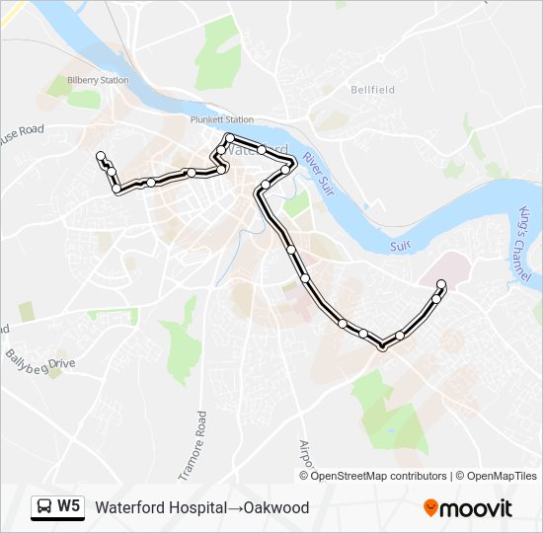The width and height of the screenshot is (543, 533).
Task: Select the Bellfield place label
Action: pos(372,90)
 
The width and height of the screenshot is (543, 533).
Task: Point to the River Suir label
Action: pos(319,173)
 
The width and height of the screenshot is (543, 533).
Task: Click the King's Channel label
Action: pos(523,242)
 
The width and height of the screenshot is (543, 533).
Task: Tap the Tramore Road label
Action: pos(202,443)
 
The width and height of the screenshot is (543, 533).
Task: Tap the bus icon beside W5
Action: pos(44,507)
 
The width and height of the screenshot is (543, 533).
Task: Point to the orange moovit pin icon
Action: pos(430,507)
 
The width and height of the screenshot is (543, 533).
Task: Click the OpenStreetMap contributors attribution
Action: pos(378,476)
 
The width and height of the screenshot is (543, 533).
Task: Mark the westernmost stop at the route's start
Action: pos(100,155)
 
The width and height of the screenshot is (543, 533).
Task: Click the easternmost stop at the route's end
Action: pos(441,285)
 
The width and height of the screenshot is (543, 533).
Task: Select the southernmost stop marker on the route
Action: pos(382,345)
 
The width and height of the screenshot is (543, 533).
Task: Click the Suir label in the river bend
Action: pos(400,243)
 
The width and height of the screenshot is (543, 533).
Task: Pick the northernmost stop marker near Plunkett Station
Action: pos(229,137)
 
